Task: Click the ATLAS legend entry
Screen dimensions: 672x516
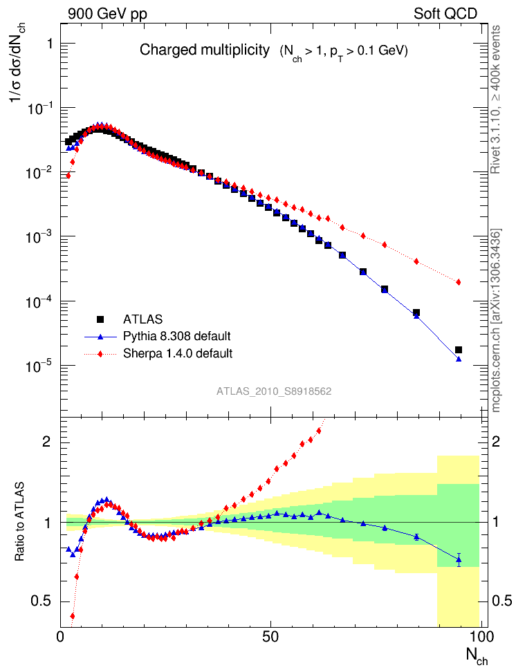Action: [142, 319]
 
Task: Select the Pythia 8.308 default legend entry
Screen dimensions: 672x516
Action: [176, 337]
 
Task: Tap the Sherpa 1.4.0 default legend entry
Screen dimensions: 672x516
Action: [177, 353]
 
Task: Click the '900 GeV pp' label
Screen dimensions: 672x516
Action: [107, 13]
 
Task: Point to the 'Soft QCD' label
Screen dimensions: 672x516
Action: [445, 13]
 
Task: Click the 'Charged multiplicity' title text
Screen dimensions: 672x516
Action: [204, 50]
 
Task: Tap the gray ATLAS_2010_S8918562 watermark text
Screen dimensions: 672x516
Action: [274, 391]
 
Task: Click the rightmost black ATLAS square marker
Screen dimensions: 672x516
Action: [458, 350]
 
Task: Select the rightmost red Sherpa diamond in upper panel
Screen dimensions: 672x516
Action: [458, 282]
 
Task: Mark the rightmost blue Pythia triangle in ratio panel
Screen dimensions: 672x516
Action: [458, 559]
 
